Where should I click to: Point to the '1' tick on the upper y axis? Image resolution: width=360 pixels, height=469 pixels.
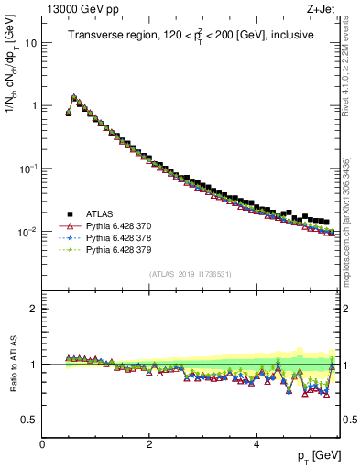click(34, 106)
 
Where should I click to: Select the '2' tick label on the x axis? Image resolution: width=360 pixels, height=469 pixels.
click(149, 443)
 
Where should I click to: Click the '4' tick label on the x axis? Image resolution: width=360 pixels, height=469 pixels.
click(256, 443)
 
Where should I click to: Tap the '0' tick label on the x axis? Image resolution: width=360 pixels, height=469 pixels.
click(43, 443)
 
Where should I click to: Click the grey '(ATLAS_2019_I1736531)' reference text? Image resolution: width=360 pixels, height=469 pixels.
click(191, 275)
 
